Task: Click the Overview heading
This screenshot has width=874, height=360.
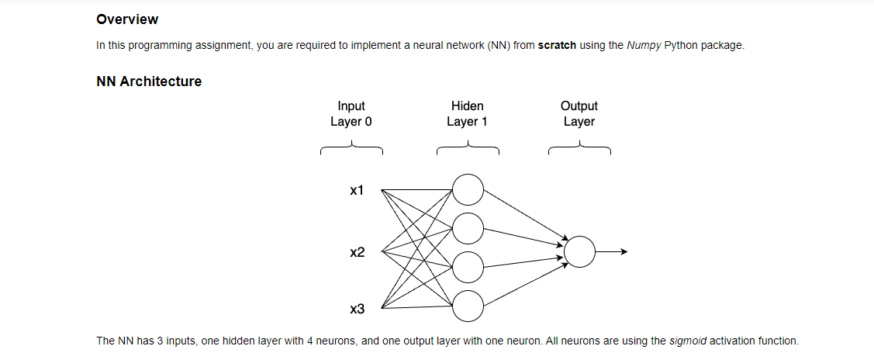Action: pyautogui.click(x=127, y=19)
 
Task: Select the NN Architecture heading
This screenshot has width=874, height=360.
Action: pyautogui.click(x=149, y=81)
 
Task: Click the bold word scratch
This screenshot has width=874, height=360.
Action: pyautogui.click(x=557, y=45)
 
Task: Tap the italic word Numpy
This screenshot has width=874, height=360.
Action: pyautogui.click(x=644, y=45)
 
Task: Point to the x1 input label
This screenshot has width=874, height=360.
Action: pyautogui.click(x=357, y=190)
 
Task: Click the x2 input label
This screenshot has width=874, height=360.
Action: pyautogui.click(x=357, y=252)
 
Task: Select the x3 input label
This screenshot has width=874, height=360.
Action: pyautogui.click(x=357, y=310)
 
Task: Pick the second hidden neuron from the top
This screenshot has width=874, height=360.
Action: pyautogui.click(x=468, y=228)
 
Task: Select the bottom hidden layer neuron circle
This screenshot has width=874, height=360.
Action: pyautogui.click(x=468, y=306)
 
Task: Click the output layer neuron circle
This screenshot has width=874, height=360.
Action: pyautogui.click(x=579, y=251)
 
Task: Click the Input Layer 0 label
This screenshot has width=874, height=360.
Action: pyautogui.click(x=351, y=113)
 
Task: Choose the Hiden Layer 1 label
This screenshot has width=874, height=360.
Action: pyautogui.click(x=467, y=113)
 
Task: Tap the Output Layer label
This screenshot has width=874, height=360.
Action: pyautogui.click(x=579, y=113)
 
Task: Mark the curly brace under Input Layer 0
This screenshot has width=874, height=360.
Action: pyautogui.click(x=351, y=147)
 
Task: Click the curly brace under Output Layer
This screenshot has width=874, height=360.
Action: pyautogui.click(x=579, y=147)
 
